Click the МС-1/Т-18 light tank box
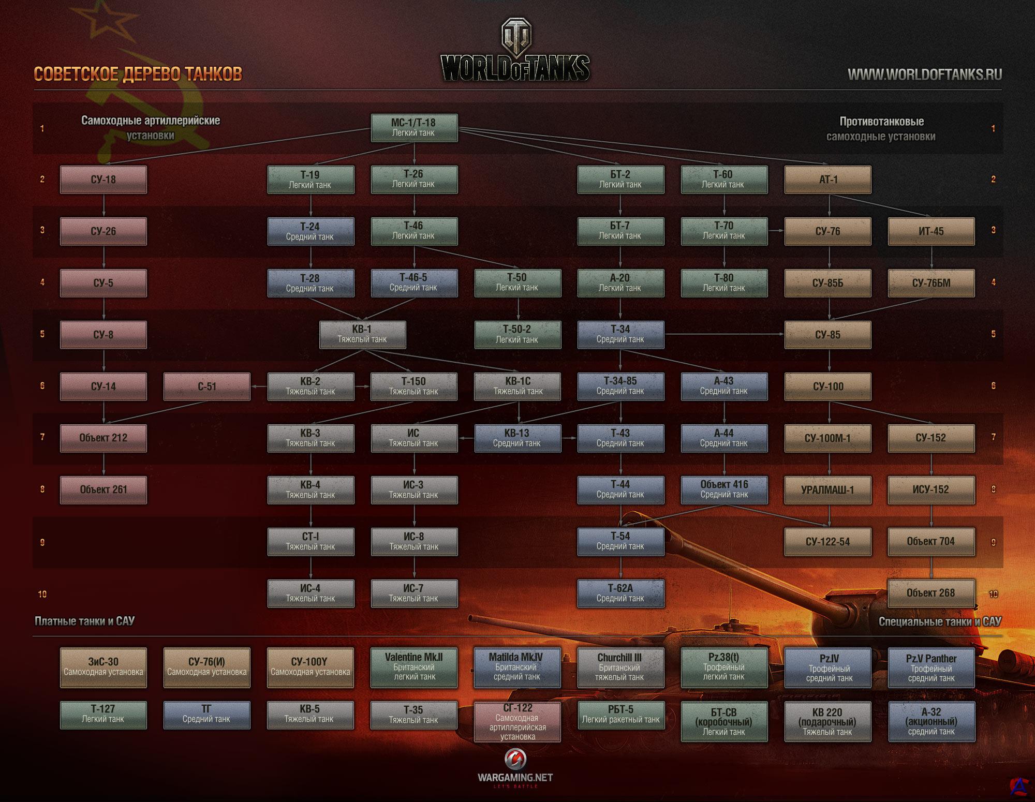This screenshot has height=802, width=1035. tap(414, 128)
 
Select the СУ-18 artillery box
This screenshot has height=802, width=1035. tap(103, 180)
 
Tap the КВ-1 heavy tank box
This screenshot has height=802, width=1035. tap(362, 334)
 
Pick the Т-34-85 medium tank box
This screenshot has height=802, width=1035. tap(620, 386)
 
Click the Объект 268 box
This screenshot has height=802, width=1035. tap(931, 593)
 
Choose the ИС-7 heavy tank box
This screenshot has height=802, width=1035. tap(414, 593)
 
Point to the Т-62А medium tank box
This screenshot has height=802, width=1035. tap(620, 593)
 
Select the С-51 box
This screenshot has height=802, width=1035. tap(207, 387)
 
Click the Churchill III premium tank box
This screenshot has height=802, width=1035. tap(620, 667)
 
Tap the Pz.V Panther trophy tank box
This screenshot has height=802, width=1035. tap(931, 667)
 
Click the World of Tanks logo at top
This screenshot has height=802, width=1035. tap(515, 52)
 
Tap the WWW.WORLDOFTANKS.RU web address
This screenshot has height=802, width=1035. tap(924, 75)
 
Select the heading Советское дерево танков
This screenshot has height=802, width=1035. tap(138, 74)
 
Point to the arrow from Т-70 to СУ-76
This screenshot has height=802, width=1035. tap(776, 231)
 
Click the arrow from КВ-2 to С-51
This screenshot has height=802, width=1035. tap(259, 386)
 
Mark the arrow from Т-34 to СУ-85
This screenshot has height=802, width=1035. tap(724, 334)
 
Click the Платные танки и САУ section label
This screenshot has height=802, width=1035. tap(84, 621)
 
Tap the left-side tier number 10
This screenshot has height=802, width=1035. tap(42, 594)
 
